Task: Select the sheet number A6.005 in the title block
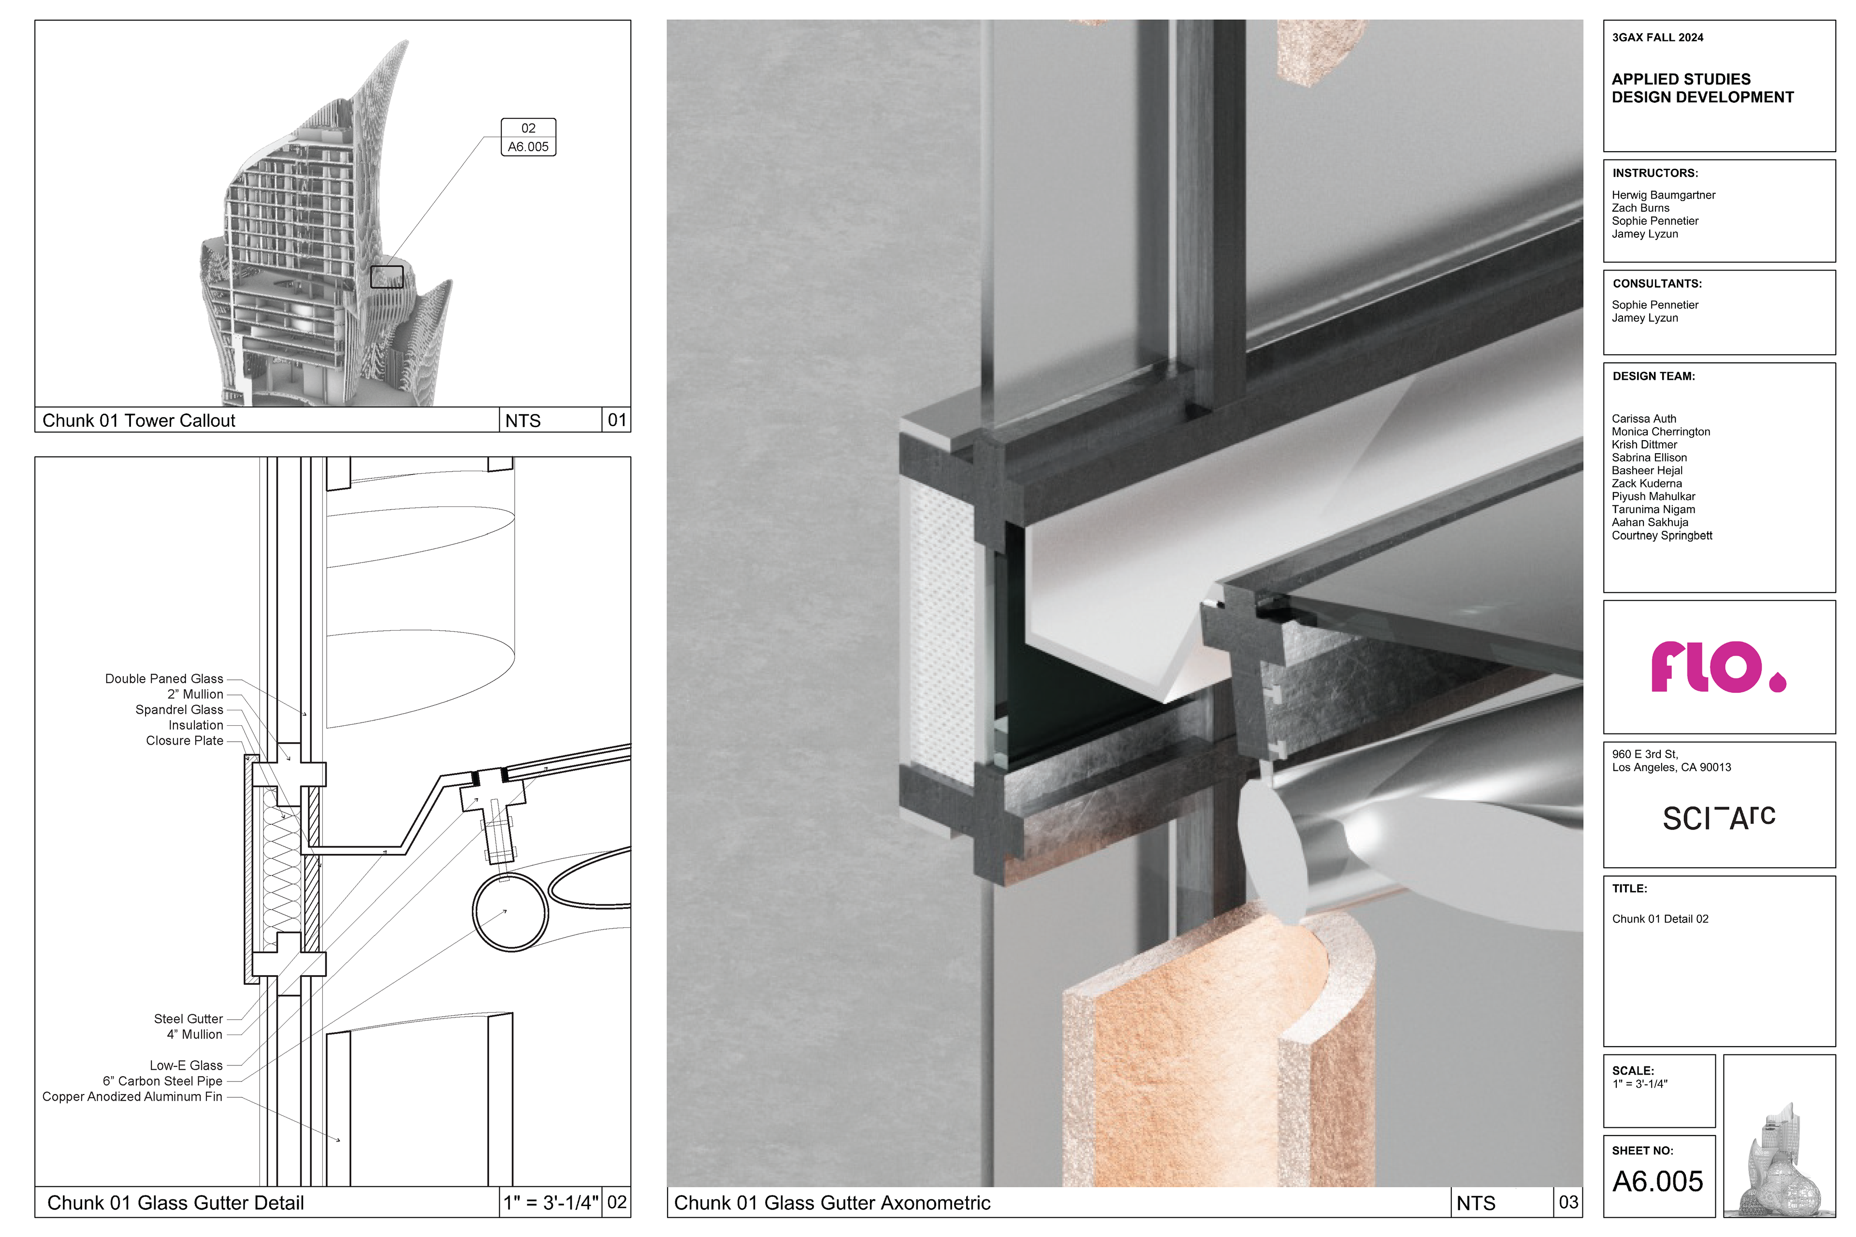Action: point(1658,1182)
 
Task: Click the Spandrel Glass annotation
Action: point(179,710)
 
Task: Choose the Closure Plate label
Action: point(185,741)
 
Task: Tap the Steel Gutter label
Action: point(188,1019)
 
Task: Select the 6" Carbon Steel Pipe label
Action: point(162,1081)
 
